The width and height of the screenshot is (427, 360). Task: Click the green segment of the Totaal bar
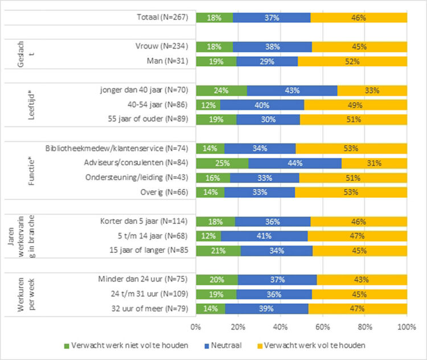click(215, 18)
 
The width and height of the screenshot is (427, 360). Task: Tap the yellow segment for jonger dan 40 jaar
click(372, 90)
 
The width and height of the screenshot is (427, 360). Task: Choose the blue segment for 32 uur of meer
click(266, 309)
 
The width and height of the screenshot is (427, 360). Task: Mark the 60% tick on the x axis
click(323, 328)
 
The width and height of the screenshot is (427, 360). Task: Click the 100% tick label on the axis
click(407, 328)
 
